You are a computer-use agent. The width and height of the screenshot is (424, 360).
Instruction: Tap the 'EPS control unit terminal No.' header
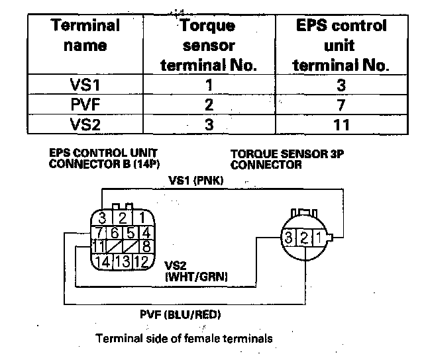(x=341, y=45)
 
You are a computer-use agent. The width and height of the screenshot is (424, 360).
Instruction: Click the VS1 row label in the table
(x=85, y=85)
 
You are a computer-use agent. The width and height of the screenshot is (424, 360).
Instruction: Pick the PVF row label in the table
(x=85, y=105)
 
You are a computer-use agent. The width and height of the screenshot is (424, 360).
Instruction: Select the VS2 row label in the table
(x=85, y=124)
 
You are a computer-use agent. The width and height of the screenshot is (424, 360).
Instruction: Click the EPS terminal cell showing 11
(x=341, y=124)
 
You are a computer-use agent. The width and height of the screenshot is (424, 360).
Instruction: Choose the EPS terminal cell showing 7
(x=341, y=105)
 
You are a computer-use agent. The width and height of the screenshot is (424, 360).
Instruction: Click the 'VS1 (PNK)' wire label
(x=196, y=179)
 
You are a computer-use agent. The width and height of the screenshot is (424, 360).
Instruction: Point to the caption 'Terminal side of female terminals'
(x=184, y=339)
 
